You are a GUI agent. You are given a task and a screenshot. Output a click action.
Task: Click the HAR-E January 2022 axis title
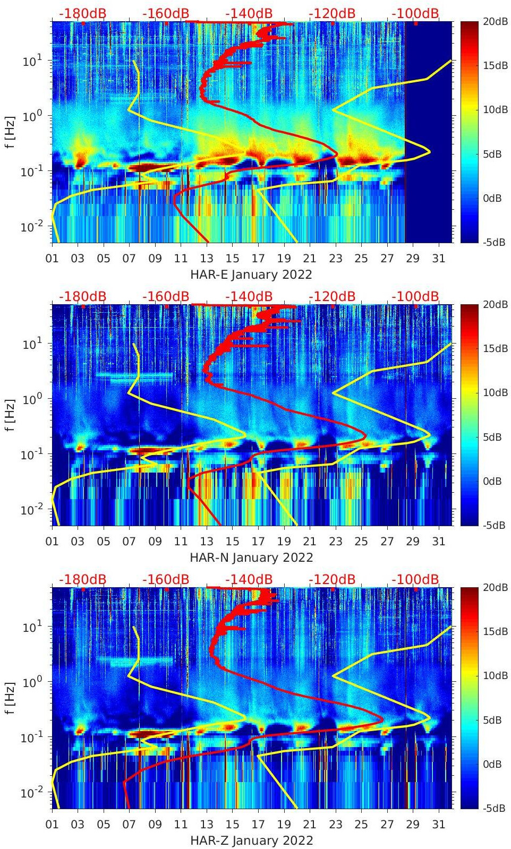pos(251,275)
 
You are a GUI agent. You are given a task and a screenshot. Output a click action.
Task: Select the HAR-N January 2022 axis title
pos(251,558)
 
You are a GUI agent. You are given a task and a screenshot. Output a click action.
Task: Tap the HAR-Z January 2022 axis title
pos(251,841)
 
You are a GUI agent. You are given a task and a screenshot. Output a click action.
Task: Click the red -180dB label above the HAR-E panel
pos(82,13)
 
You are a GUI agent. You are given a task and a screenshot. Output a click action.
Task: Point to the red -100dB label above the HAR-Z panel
pos(415,579)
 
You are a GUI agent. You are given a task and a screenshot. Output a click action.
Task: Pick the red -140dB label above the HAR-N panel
pos(249,296)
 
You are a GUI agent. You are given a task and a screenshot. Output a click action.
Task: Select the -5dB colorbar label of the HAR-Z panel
pos(494,808)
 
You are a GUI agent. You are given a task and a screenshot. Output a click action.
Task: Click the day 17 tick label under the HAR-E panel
pos(258,259)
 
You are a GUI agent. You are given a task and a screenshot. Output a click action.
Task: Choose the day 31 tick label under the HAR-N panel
pos(438,542)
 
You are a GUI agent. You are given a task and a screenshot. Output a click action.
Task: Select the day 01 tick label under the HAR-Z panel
pos(52,825)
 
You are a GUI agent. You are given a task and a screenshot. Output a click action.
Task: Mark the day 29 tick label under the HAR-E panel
pos(413,259)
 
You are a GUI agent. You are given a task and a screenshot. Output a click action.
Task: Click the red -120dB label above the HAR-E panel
pos(332,13)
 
